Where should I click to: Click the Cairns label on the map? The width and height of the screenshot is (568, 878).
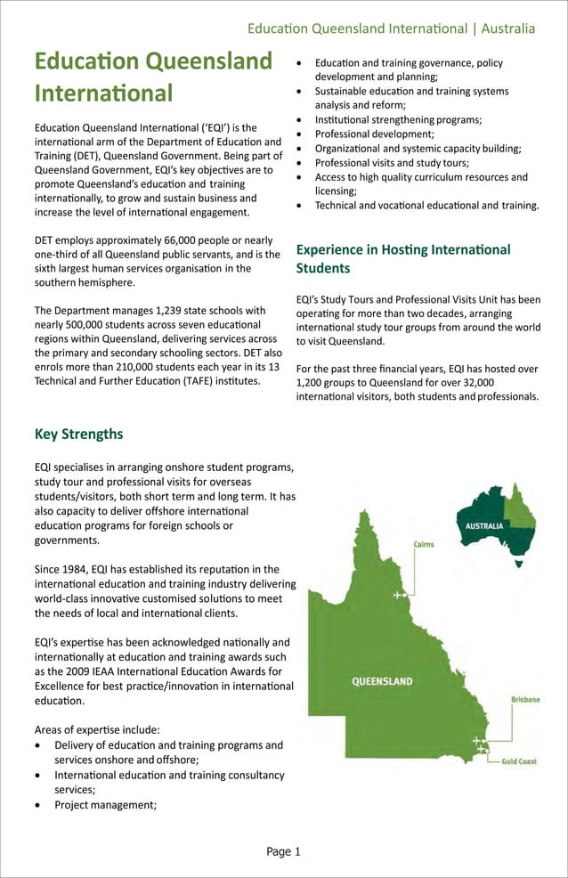coord(424,543)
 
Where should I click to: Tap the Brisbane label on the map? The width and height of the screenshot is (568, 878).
coord(524,700)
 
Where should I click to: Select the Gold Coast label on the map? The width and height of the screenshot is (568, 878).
coord(518,761)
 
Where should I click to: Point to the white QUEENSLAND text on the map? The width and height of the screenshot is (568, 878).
coord(382,681)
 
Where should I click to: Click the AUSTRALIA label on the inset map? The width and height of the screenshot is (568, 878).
coord(484,525)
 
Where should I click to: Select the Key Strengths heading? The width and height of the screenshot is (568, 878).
coord(78,435)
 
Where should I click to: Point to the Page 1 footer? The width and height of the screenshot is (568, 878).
coord(283,851)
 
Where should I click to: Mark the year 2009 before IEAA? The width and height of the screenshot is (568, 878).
coord(71,671)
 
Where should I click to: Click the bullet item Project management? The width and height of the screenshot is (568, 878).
coord(105,805)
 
